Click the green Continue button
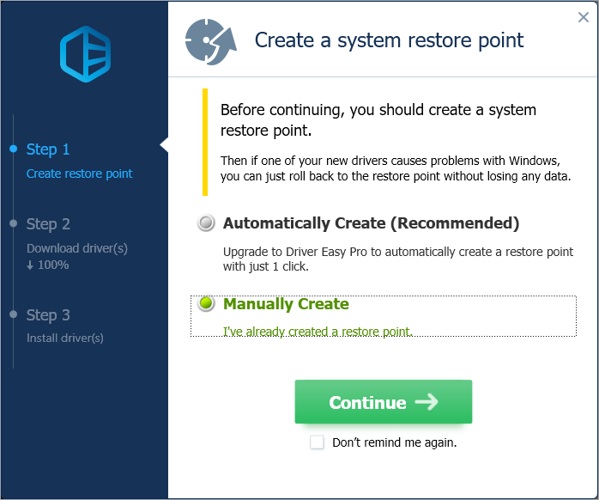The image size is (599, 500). click(x=383, y=402)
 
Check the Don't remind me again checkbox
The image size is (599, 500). click(x=317, y=442)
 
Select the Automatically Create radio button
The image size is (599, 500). click(x=206, y=223)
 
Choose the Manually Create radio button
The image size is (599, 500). click(x=206, y=303)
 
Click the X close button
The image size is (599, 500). click(x=584, y=17)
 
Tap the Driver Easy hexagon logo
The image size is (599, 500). click(x=85, y=54)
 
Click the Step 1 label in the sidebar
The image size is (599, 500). click(x=48, y=149)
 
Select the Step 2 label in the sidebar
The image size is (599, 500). click(x=48, y=224)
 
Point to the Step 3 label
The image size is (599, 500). click(x=48, y=315)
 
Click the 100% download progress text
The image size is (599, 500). click(x=48, y=265)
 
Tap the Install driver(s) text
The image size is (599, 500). click(x=65, y=338)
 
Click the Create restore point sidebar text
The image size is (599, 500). click(x=80, y=174)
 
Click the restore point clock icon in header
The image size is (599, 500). click(x=211, y=41)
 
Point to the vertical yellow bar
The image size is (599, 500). click(x=205, y=142)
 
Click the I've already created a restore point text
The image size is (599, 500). click(x=318, y=332)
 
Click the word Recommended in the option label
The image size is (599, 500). click(x=455, y=223)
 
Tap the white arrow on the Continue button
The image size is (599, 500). click(x=427, y=402)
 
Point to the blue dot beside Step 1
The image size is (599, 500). click(x=14, y=149)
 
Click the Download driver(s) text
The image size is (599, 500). click(x=77, y=248)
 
